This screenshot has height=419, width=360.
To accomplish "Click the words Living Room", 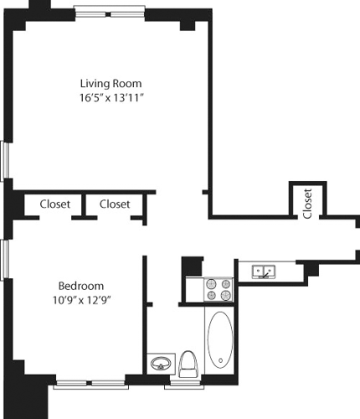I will [x=111, y=84].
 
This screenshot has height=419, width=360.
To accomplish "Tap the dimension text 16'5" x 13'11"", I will [x=111, y=99].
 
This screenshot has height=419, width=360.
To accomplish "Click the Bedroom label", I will [x=80, y=283].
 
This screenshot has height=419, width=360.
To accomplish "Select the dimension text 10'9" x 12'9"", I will [x=80, y=298].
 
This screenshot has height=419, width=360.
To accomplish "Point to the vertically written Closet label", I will [x=307, y=202].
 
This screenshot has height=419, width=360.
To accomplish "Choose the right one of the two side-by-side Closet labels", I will [x=115, y=204].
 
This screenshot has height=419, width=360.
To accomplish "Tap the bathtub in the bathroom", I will [x=220, y=340].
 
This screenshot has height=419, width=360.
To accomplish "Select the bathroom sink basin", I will [x=159, y=364].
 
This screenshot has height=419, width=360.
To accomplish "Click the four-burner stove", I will [x=219, y=290].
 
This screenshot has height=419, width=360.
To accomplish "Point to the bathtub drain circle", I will [x=220, y=361].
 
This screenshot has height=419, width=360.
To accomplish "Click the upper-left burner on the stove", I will [x=212, y=283].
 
